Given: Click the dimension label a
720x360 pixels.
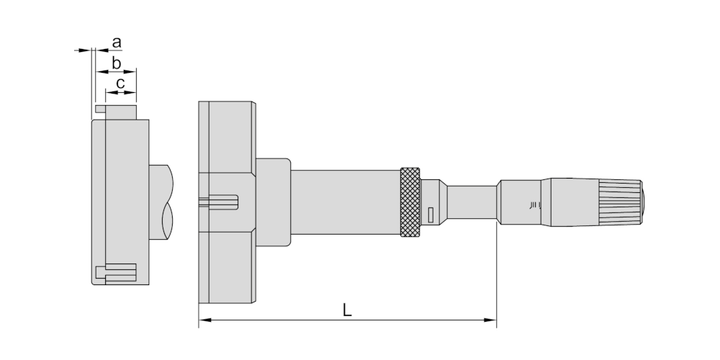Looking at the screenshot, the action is point(117,42).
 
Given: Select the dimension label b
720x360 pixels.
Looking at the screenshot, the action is point(116,63).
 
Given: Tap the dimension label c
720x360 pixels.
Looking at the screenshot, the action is point(120,84).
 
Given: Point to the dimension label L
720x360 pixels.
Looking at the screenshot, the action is point(347,310).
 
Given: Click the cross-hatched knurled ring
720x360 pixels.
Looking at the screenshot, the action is point(410,202).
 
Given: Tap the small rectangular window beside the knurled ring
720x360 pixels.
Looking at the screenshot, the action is point(431,215).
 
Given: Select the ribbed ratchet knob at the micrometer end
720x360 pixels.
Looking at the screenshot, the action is point(621,202).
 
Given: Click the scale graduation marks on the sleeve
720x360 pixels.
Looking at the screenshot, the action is point(535,204).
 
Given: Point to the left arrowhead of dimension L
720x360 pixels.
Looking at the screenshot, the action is point(204,320).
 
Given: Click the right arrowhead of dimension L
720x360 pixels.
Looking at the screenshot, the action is point(490,320).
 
